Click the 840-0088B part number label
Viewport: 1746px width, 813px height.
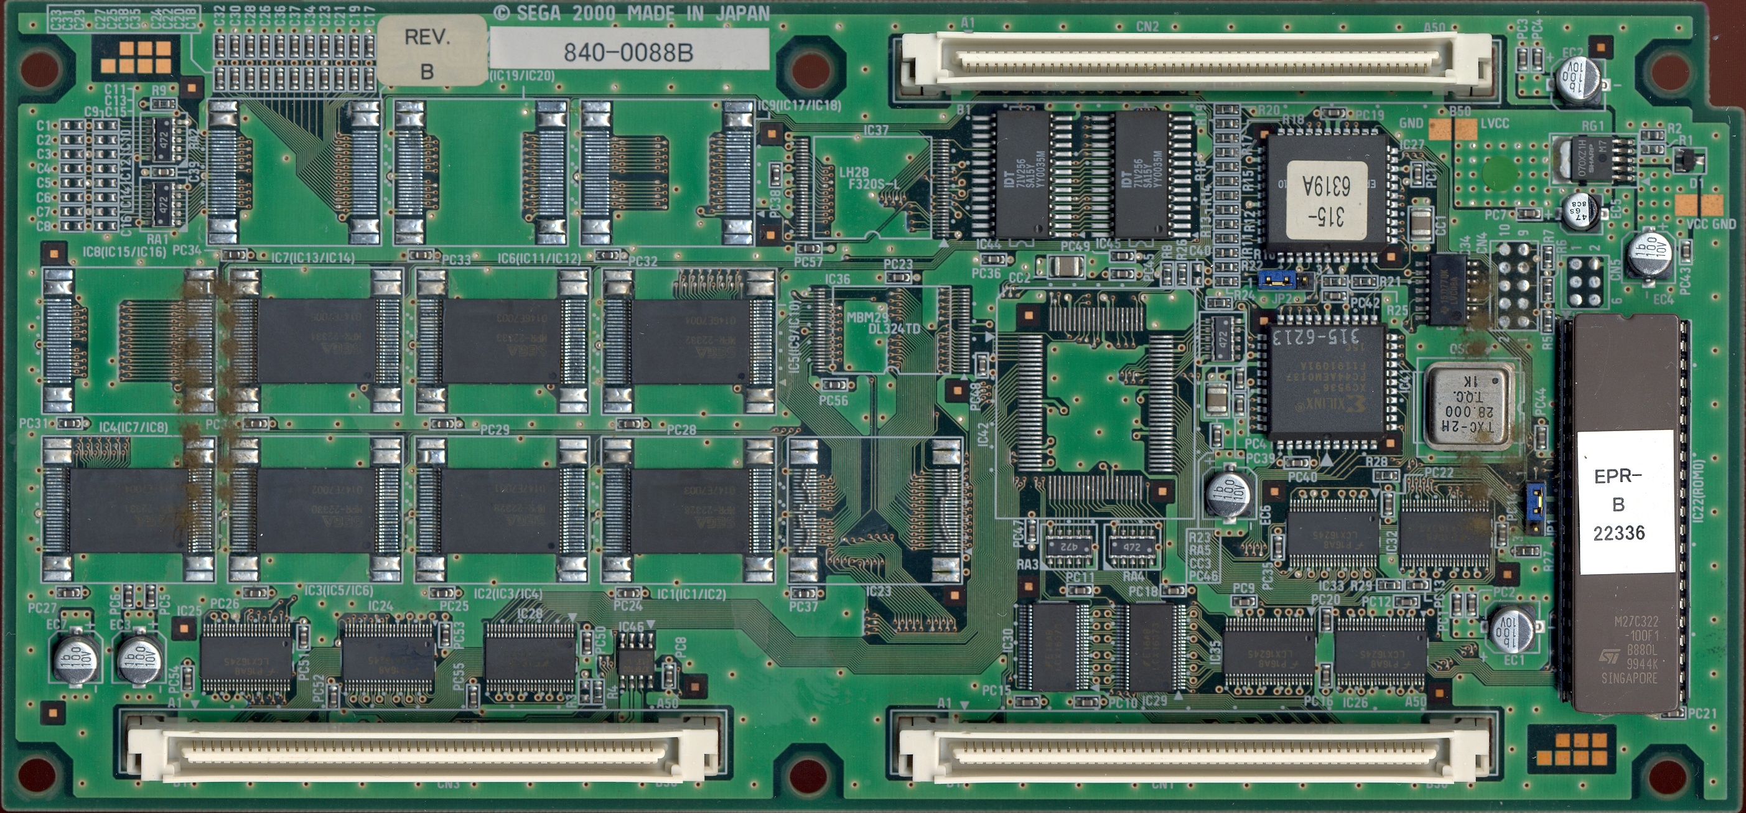629,51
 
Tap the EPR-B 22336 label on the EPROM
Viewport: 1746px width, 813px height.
1618,504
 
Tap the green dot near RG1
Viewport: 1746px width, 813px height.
1497,172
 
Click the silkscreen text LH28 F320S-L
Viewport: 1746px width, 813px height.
861,178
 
